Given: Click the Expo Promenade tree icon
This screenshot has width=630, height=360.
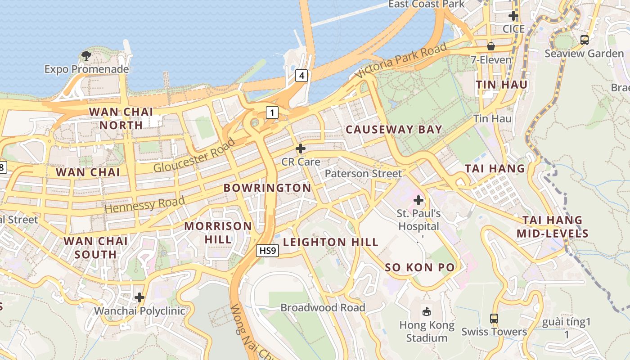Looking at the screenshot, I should [x=86, y=56].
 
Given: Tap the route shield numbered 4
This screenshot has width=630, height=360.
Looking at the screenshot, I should [x=301, y=76].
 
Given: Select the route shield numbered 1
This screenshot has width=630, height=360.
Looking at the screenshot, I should [x=272, y=112].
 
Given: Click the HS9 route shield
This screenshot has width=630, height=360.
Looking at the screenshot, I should [x=267, y=251].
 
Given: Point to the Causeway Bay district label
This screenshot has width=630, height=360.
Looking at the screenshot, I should [x=394, y=130].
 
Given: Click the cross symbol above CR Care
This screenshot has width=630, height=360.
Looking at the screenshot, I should [x=301, y=148].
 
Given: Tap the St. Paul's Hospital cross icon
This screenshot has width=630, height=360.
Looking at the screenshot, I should [x=418, y=200].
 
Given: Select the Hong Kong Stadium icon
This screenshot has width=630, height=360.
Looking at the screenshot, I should [x=426, y=311].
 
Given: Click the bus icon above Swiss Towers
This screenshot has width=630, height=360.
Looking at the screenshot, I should [x=494, y=319].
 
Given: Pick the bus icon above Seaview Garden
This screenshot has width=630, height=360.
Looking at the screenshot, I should [x=585, y=40].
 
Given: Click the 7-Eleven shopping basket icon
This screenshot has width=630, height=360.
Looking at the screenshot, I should [x=491, y=46].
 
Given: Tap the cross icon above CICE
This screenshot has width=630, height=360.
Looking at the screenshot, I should [x=513, y=16].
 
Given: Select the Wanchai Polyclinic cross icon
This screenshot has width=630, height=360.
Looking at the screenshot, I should [x=139, y=297].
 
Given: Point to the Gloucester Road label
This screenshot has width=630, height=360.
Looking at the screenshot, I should [x=194, y=156].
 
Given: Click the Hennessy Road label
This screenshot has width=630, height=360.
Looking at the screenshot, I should [x=145, y=204].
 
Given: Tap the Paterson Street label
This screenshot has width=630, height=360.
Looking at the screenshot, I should [x=363, y=173].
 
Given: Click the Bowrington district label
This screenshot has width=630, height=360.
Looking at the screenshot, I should [x=267, y=188].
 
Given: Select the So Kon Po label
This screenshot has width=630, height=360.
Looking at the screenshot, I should [x=419, y=267].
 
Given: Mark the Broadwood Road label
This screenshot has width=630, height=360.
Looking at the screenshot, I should [x=323, y=308].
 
